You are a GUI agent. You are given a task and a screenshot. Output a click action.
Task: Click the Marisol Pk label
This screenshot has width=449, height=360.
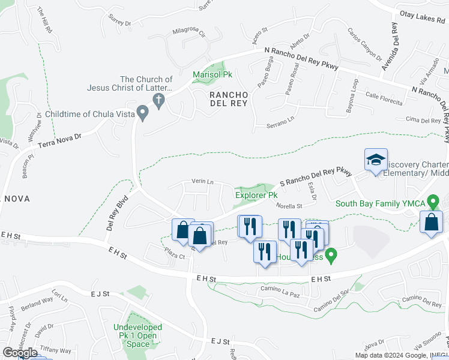tap(212, 74)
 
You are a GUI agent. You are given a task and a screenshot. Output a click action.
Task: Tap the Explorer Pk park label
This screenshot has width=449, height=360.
tap(256, 195)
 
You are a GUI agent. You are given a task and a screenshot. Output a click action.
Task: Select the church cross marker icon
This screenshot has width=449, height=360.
tap(159, 100)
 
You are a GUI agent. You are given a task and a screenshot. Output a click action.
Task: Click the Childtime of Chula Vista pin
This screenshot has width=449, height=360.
tap(142, 112)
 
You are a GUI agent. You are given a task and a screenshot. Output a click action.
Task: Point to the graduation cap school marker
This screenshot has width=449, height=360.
tap(376, 160)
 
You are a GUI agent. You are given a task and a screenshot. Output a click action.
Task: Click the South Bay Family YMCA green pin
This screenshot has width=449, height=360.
tap(432, 203)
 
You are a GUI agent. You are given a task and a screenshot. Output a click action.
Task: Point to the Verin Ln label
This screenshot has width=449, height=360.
tap(202, 181)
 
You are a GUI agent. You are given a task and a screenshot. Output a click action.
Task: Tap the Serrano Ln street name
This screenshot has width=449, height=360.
tap(282, 122)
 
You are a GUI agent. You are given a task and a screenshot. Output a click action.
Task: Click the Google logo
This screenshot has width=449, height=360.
tap(20, 353)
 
